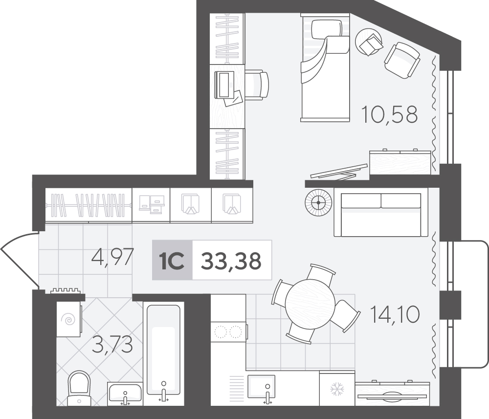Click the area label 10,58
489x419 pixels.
(389, 114)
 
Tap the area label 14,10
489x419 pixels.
(395, 314)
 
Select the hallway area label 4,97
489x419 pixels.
(112, 257)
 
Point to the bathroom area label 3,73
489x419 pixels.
(113, 345)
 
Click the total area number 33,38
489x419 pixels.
(231, 261)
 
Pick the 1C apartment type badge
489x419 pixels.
(172, 260)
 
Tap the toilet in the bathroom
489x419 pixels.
(79, 388)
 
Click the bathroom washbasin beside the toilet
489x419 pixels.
(125, 394)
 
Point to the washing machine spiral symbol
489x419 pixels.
(69, 319)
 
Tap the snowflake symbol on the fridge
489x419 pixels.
(337, 389)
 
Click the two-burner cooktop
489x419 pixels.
(228, 332)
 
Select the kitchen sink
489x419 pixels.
(261, 387)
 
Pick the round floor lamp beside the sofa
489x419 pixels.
(318, 202)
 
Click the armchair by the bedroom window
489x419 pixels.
(402, 60)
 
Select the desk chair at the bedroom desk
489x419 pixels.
(256, 85)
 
